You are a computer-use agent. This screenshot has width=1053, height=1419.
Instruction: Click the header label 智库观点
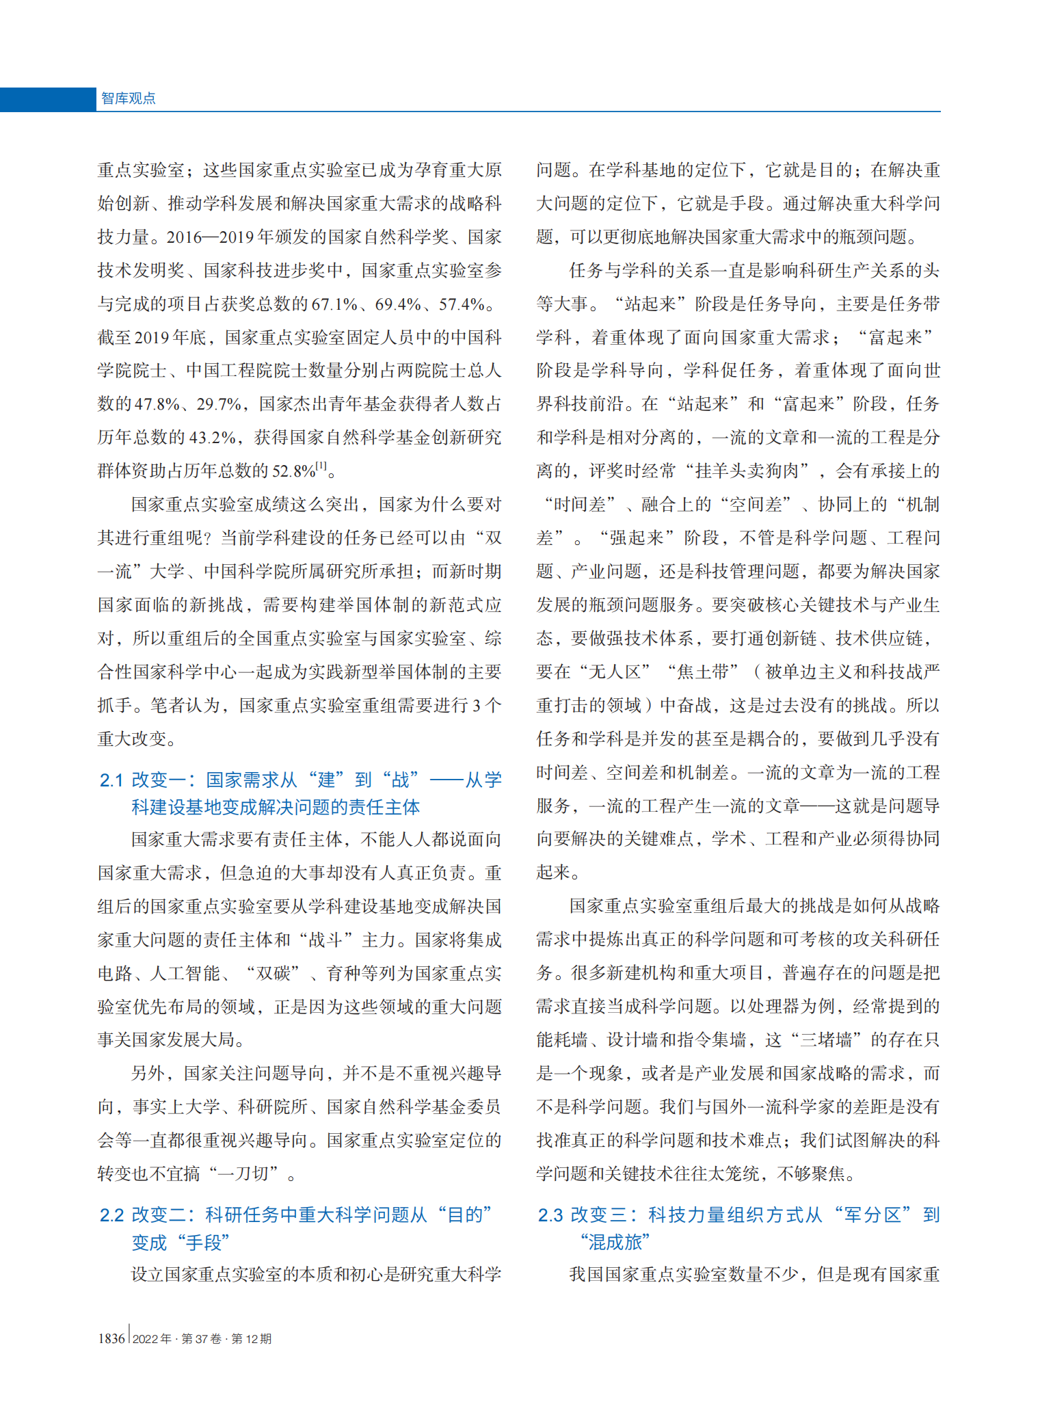pyautogui.click(x=128, y=98)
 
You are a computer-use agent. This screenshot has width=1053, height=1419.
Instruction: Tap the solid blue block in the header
pyautogui.click(x=47, y=99)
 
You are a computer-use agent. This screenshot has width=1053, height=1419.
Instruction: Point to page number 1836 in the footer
pyautogui.click(x=111, y=1338)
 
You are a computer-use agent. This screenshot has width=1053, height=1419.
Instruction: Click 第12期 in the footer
pyautogui.click(x=251, y=1338)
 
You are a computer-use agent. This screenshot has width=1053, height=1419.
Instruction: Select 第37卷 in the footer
pyautogui.click(x=201, y=1338)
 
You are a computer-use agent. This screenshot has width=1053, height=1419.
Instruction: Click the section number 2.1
pyautogui.click(x=111, y=780)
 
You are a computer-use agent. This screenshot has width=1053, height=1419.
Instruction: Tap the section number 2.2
pyautogui.click(x=111, y=1215)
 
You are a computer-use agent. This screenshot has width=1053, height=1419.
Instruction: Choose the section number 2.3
pyautogui.click(x=550, y=1215)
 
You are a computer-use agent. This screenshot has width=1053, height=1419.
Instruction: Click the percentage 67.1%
pyautogui.click(x=334, y=304)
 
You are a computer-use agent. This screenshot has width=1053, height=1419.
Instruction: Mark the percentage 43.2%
pyautogui.click(x=213, y=438)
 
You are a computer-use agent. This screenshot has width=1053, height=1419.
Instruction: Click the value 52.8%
pyautogui.click(x=293, y=471)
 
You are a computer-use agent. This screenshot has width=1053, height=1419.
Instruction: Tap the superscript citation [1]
pyautogui.click(x=321, y=466)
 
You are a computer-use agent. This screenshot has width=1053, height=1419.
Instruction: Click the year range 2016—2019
pyautogui.click(x=210, y=237)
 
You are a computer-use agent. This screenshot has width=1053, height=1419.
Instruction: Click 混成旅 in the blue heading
pyautogui.click(x=615, y=1242)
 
